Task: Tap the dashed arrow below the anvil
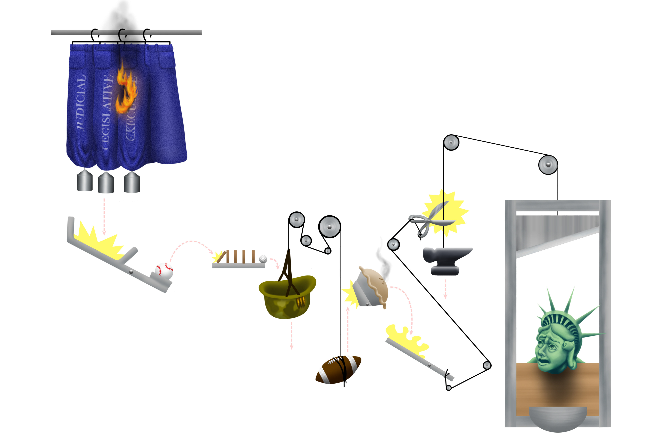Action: point(445,289)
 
